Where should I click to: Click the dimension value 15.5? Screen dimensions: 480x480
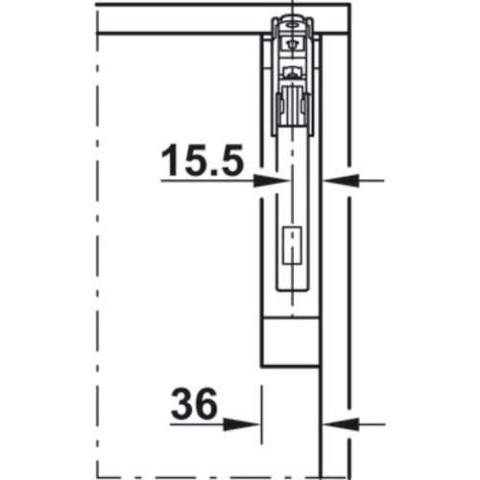coord(201,159)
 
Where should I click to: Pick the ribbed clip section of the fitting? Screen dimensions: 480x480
coord(291,106)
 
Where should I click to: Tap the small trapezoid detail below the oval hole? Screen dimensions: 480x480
coord(287,40)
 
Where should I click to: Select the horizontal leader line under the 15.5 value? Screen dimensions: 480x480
coord(206,180)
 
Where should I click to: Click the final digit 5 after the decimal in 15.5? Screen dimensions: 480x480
coord(228,159)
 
